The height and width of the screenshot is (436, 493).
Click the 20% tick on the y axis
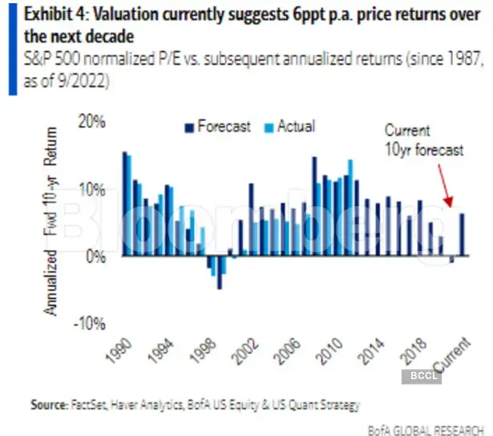92,123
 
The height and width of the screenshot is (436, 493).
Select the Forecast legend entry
217,127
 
